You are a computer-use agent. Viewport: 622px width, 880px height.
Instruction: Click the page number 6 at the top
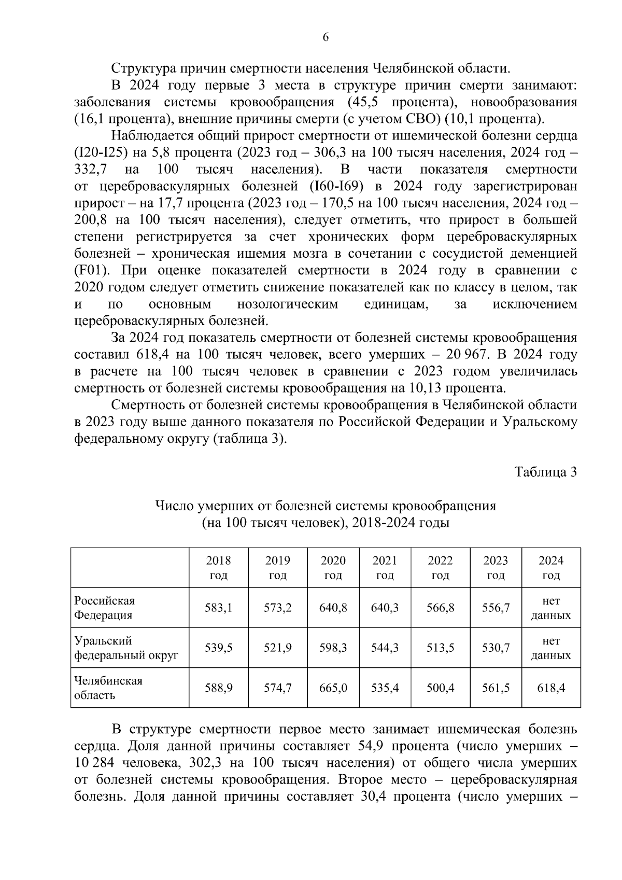coord(326,37)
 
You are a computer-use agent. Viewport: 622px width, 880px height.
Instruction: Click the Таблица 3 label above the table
coord(545,472)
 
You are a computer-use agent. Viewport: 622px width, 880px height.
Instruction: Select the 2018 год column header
coord(219,568)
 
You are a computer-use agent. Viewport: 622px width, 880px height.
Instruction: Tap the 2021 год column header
coord(385,568)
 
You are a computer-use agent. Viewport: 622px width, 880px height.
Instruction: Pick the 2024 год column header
coord(551,568)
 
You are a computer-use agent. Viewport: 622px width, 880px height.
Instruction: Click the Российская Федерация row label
coord(105,608)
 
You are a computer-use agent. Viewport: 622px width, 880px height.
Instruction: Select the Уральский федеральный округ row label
coord(126,648)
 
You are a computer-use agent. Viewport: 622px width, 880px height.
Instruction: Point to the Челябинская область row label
coord(108,688)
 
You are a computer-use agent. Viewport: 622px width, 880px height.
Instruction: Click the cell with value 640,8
coord(333,608)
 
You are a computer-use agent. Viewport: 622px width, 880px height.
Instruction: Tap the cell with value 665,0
coord(333,688)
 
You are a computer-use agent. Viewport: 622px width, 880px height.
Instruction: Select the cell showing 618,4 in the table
coord(551,688)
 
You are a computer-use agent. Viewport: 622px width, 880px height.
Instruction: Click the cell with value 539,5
coord(219,648)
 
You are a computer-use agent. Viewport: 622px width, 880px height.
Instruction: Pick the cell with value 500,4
coord(441,688)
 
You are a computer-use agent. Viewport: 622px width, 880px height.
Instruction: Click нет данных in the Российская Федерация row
coord(551,608)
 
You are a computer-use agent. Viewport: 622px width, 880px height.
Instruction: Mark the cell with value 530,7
coord(496,648)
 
